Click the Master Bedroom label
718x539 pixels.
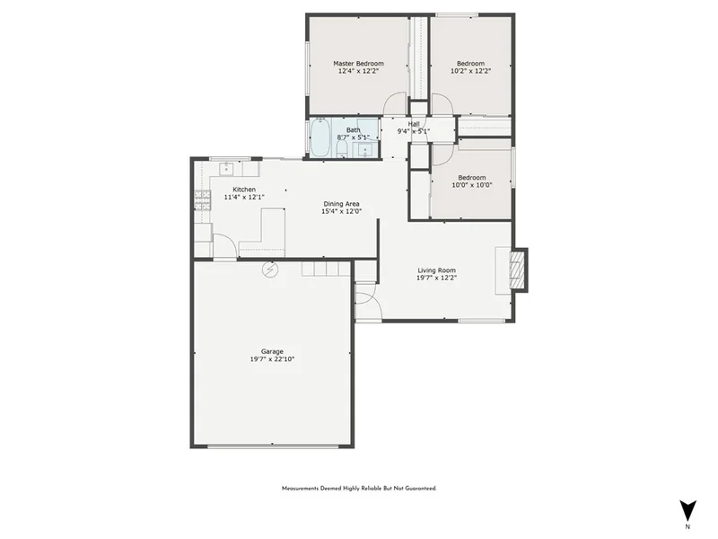(358, 64)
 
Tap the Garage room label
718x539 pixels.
(272, 351)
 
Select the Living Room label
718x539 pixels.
(436, 270)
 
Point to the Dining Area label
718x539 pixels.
(341, 204)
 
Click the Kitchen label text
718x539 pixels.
(244, 190)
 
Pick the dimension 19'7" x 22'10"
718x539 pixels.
(272, 359)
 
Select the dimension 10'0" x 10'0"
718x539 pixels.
(472, 185)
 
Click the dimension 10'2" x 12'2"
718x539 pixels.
(470, 71)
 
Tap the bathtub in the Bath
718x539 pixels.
(320, 137)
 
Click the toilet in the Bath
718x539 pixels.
(342, 147)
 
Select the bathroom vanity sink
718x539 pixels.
(365, 150)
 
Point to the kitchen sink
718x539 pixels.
(226, 169)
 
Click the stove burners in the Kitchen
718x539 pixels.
(202, 200)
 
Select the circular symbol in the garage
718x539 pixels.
(269, 270)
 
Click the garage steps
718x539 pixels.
(326, 268)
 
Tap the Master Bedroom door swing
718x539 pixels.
(395, 103)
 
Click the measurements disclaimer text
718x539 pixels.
(359, 489)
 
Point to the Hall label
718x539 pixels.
(414, 124)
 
